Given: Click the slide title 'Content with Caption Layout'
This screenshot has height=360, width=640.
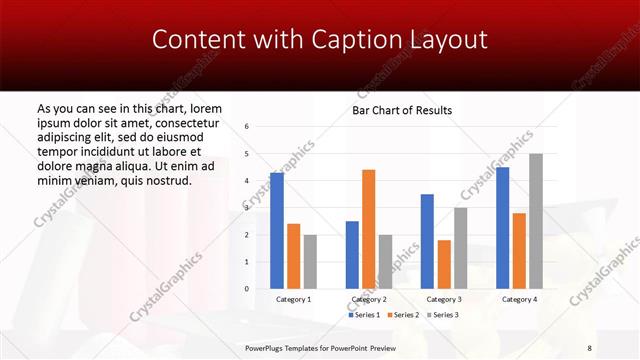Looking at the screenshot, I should [x=320, y=40].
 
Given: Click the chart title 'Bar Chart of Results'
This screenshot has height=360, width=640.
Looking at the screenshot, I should [x=402, y=110].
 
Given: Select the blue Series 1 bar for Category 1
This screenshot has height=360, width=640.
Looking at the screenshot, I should [x=276, y=231].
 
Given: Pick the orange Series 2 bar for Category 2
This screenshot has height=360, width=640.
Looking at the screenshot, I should [x=368, y=229].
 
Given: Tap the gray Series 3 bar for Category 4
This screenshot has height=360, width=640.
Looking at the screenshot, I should [x=536, y=221].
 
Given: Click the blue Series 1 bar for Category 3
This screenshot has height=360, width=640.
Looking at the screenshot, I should [x=427, y=241].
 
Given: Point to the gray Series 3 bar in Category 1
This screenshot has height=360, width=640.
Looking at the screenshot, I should [x=310, y=262].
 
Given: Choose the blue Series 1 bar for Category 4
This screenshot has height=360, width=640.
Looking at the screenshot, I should [x=502, y=228].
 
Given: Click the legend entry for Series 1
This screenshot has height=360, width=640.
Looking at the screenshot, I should [x=363, y=315].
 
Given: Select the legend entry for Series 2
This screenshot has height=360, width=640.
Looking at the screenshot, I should [x=403, y=315].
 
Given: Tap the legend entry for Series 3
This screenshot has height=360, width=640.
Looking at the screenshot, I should [x=443, y=315].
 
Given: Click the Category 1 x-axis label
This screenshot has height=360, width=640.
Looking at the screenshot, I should [x=293, y=299].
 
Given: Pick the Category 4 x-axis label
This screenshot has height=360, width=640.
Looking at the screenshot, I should [x=519, y=299].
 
